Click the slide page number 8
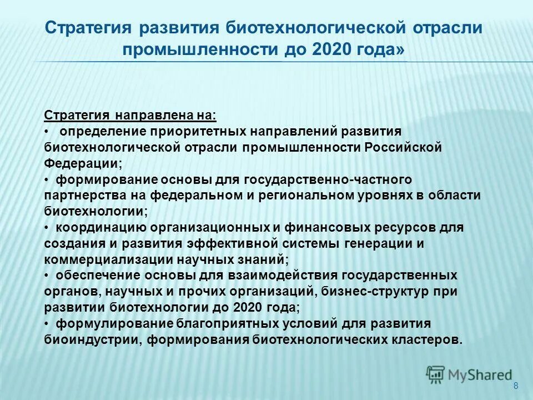516,386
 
